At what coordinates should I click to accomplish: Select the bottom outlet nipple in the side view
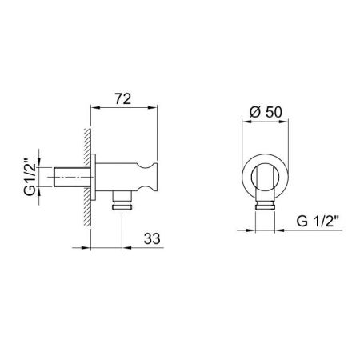tap(121, 203)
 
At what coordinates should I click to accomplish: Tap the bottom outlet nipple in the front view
tap(262, 210)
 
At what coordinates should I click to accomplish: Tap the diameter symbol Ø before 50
tap(254, 113)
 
